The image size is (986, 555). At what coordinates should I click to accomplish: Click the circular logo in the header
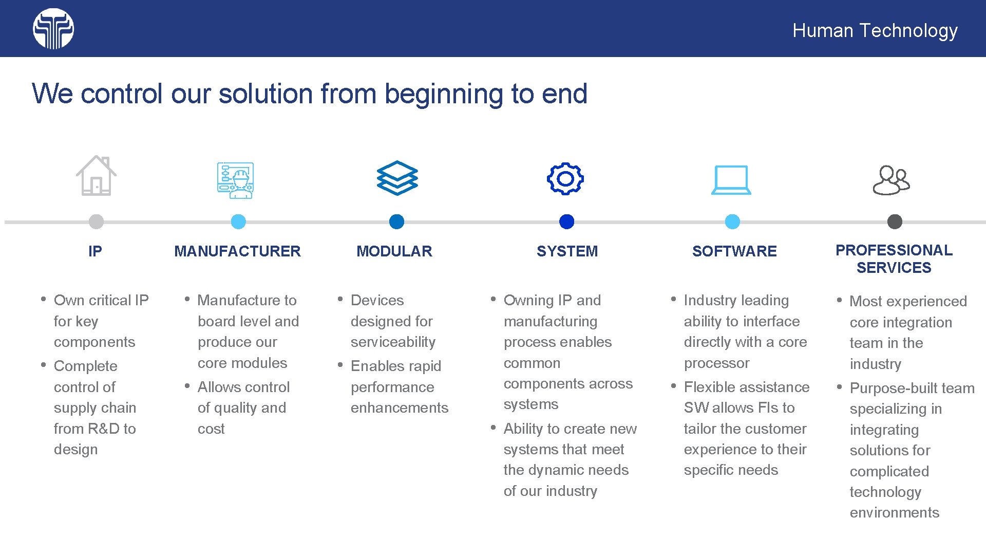pyautogui.click(x=53, y=29)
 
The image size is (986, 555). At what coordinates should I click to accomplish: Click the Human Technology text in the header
pyautogui.click(x=875, y=30)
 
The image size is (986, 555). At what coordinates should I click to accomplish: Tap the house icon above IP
pyautogui.click(x=96, y=176)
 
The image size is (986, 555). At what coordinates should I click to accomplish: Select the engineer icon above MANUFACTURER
pyautogui.click(x=235, y=180)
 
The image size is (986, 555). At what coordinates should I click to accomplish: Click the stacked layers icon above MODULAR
pyautogui.click(x=397, y=178)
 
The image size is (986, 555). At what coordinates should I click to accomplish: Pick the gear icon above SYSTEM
pyautogui.click(x=565, y=179)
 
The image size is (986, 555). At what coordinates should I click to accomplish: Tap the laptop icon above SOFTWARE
pyautogui.click(x=731, y=180)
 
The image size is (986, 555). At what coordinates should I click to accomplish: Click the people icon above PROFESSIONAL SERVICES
pyautogui.click(x=892, y=180)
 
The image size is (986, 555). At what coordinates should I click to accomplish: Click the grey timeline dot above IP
pyautogui.click(x=96, y=221)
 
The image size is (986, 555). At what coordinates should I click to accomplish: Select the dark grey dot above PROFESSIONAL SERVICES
pyautogui.click(x=895, y=221)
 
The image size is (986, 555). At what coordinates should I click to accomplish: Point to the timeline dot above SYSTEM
pyautogui.click(x=566, y=221)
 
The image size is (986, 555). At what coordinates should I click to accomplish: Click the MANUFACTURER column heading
pyautogui.click(x=237, y=251)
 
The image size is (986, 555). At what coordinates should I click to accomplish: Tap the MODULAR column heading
pyautogui.click(x=394, y=251)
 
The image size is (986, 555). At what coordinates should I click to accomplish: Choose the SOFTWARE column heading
pyautogui.click(x=734, y=251)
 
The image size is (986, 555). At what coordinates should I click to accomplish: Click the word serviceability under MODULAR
pyautogui.click(x=393, y=342)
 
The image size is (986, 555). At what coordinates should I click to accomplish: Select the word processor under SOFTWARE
pyautogui.click(x=716, y=363)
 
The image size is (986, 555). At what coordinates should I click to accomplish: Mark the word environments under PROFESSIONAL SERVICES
pyautogui.click(x=894, y=513)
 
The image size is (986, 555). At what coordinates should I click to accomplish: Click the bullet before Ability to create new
pyautogui.click(x=493, y=428)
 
